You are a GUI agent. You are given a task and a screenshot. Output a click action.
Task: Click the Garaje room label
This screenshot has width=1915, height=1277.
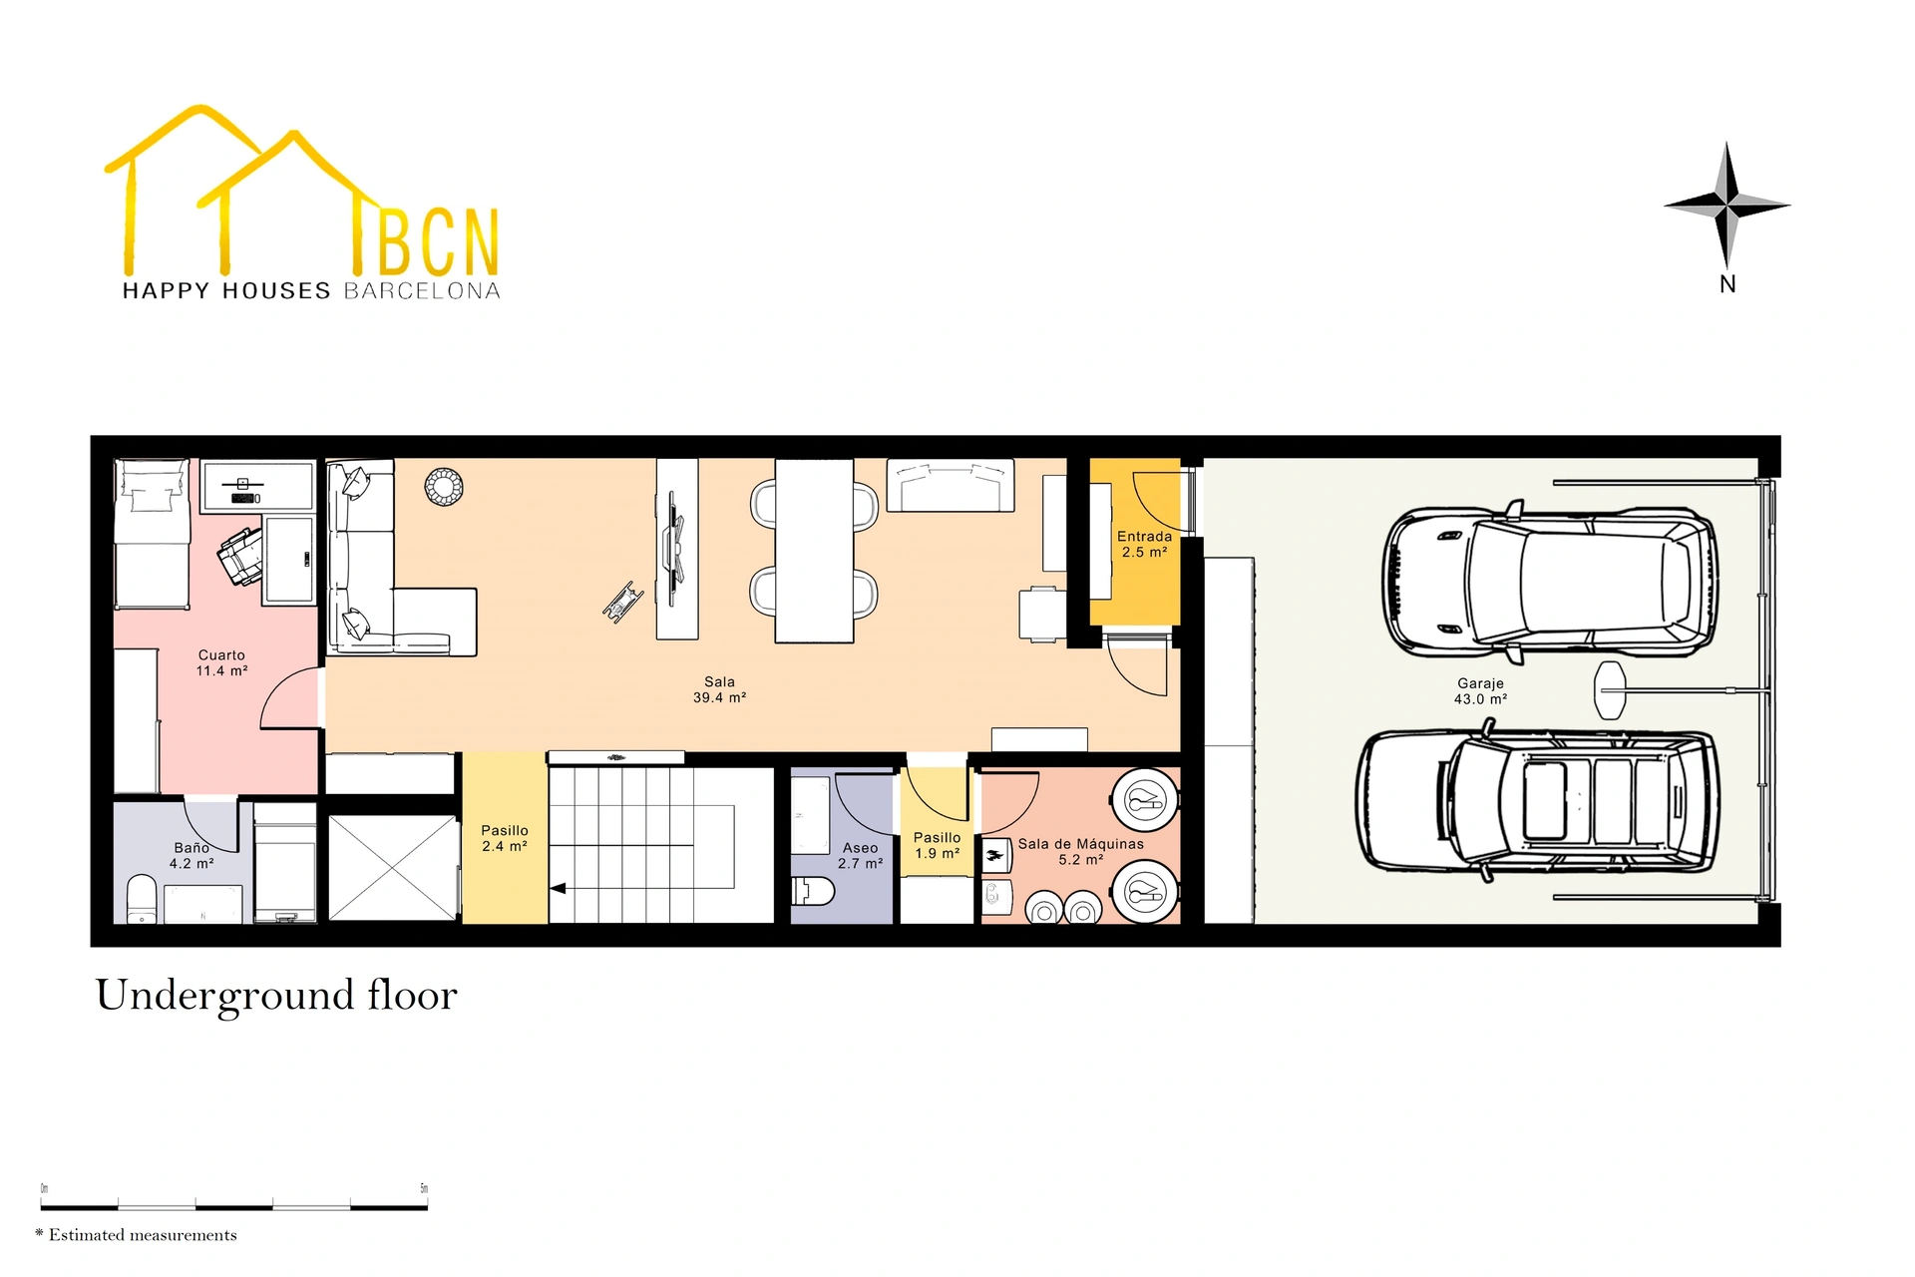coord(1480,690)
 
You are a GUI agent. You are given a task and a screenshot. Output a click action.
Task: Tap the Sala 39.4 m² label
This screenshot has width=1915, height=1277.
coord(719,689)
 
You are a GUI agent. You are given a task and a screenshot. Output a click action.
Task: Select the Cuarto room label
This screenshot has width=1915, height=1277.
coord(221,662)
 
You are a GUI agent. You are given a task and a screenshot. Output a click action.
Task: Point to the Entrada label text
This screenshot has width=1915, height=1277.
coord(1144,536)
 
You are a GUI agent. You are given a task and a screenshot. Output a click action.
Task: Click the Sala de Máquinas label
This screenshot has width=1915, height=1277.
coord(1080,851)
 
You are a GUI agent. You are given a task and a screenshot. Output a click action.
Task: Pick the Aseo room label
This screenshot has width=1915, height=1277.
coord(860,855)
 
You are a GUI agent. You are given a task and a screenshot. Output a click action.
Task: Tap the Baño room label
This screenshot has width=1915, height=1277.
coord(191,855)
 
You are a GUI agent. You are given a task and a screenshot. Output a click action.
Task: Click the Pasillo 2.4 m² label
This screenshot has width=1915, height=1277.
coord(505,837)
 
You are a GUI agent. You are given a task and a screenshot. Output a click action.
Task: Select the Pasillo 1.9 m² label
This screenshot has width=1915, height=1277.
coord(937,845)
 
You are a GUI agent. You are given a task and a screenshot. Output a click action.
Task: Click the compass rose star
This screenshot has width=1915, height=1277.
coord(1727,205)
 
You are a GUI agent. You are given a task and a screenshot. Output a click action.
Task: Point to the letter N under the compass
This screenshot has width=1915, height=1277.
coord(1727,284)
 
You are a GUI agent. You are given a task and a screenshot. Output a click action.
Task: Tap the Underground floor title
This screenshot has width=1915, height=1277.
coord(276,995)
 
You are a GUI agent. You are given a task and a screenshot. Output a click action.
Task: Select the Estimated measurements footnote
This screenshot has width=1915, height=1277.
coord(137,1235)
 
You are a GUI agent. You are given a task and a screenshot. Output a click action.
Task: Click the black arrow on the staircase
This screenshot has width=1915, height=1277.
coord(559,888)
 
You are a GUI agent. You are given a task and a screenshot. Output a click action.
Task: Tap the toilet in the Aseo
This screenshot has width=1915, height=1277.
coord(813,891)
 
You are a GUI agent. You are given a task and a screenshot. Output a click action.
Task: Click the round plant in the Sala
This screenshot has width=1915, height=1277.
coord(444,487)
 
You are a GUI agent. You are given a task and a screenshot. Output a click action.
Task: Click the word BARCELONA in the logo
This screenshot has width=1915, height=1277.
coord(422,291)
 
